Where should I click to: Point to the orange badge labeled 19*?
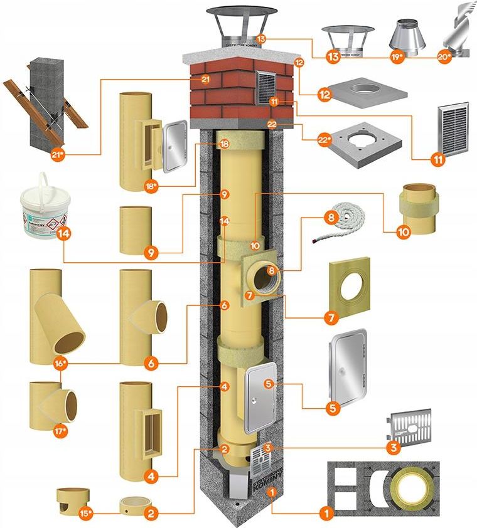395,57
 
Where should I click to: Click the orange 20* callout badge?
442,56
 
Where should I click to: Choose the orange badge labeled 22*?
324,139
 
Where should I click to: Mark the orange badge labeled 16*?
61,364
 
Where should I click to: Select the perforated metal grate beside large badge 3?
411,424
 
